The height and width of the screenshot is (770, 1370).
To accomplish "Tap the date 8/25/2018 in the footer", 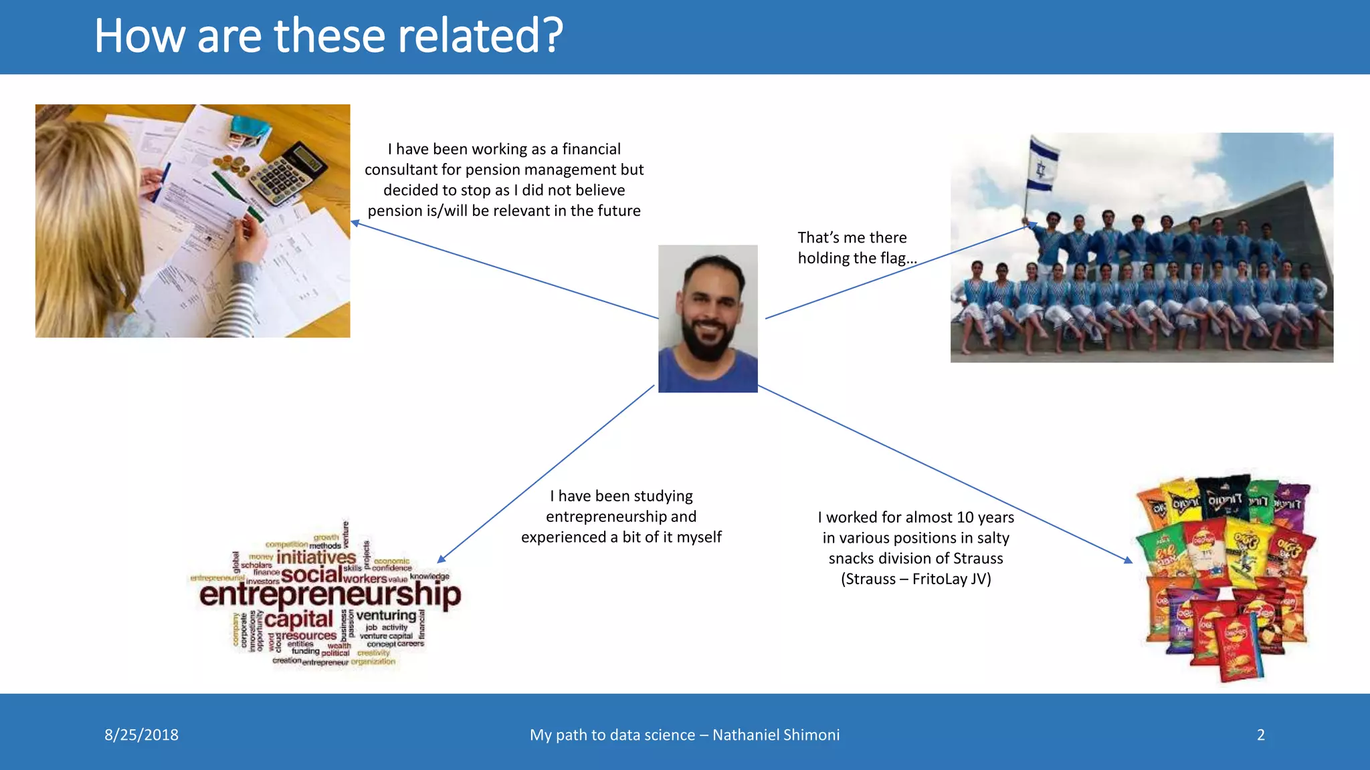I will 141,735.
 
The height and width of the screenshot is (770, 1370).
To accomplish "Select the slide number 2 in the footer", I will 1260,735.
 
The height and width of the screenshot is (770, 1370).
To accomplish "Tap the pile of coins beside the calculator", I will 231,164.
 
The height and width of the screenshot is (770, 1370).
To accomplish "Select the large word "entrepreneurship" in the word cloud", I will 330,594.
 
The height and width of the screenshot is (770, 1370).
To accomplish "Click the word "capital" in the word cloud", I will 298,619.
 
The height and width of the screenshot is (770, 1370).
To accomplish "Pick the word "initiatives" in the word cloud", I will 316,557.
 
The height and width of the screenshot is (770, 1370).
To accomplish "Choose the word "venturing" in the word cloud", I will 386,615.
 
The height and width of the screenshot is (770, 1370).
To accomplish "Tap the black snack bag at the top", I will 1223,498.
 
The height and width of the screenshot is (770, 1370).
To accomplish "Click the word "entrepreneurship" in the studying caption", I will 621,517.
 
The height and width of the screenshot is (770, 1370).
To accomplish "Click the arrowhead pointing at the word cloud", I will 442,559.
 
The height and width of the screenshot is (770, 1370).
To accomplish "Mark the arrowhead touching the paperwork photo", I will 355,223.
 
